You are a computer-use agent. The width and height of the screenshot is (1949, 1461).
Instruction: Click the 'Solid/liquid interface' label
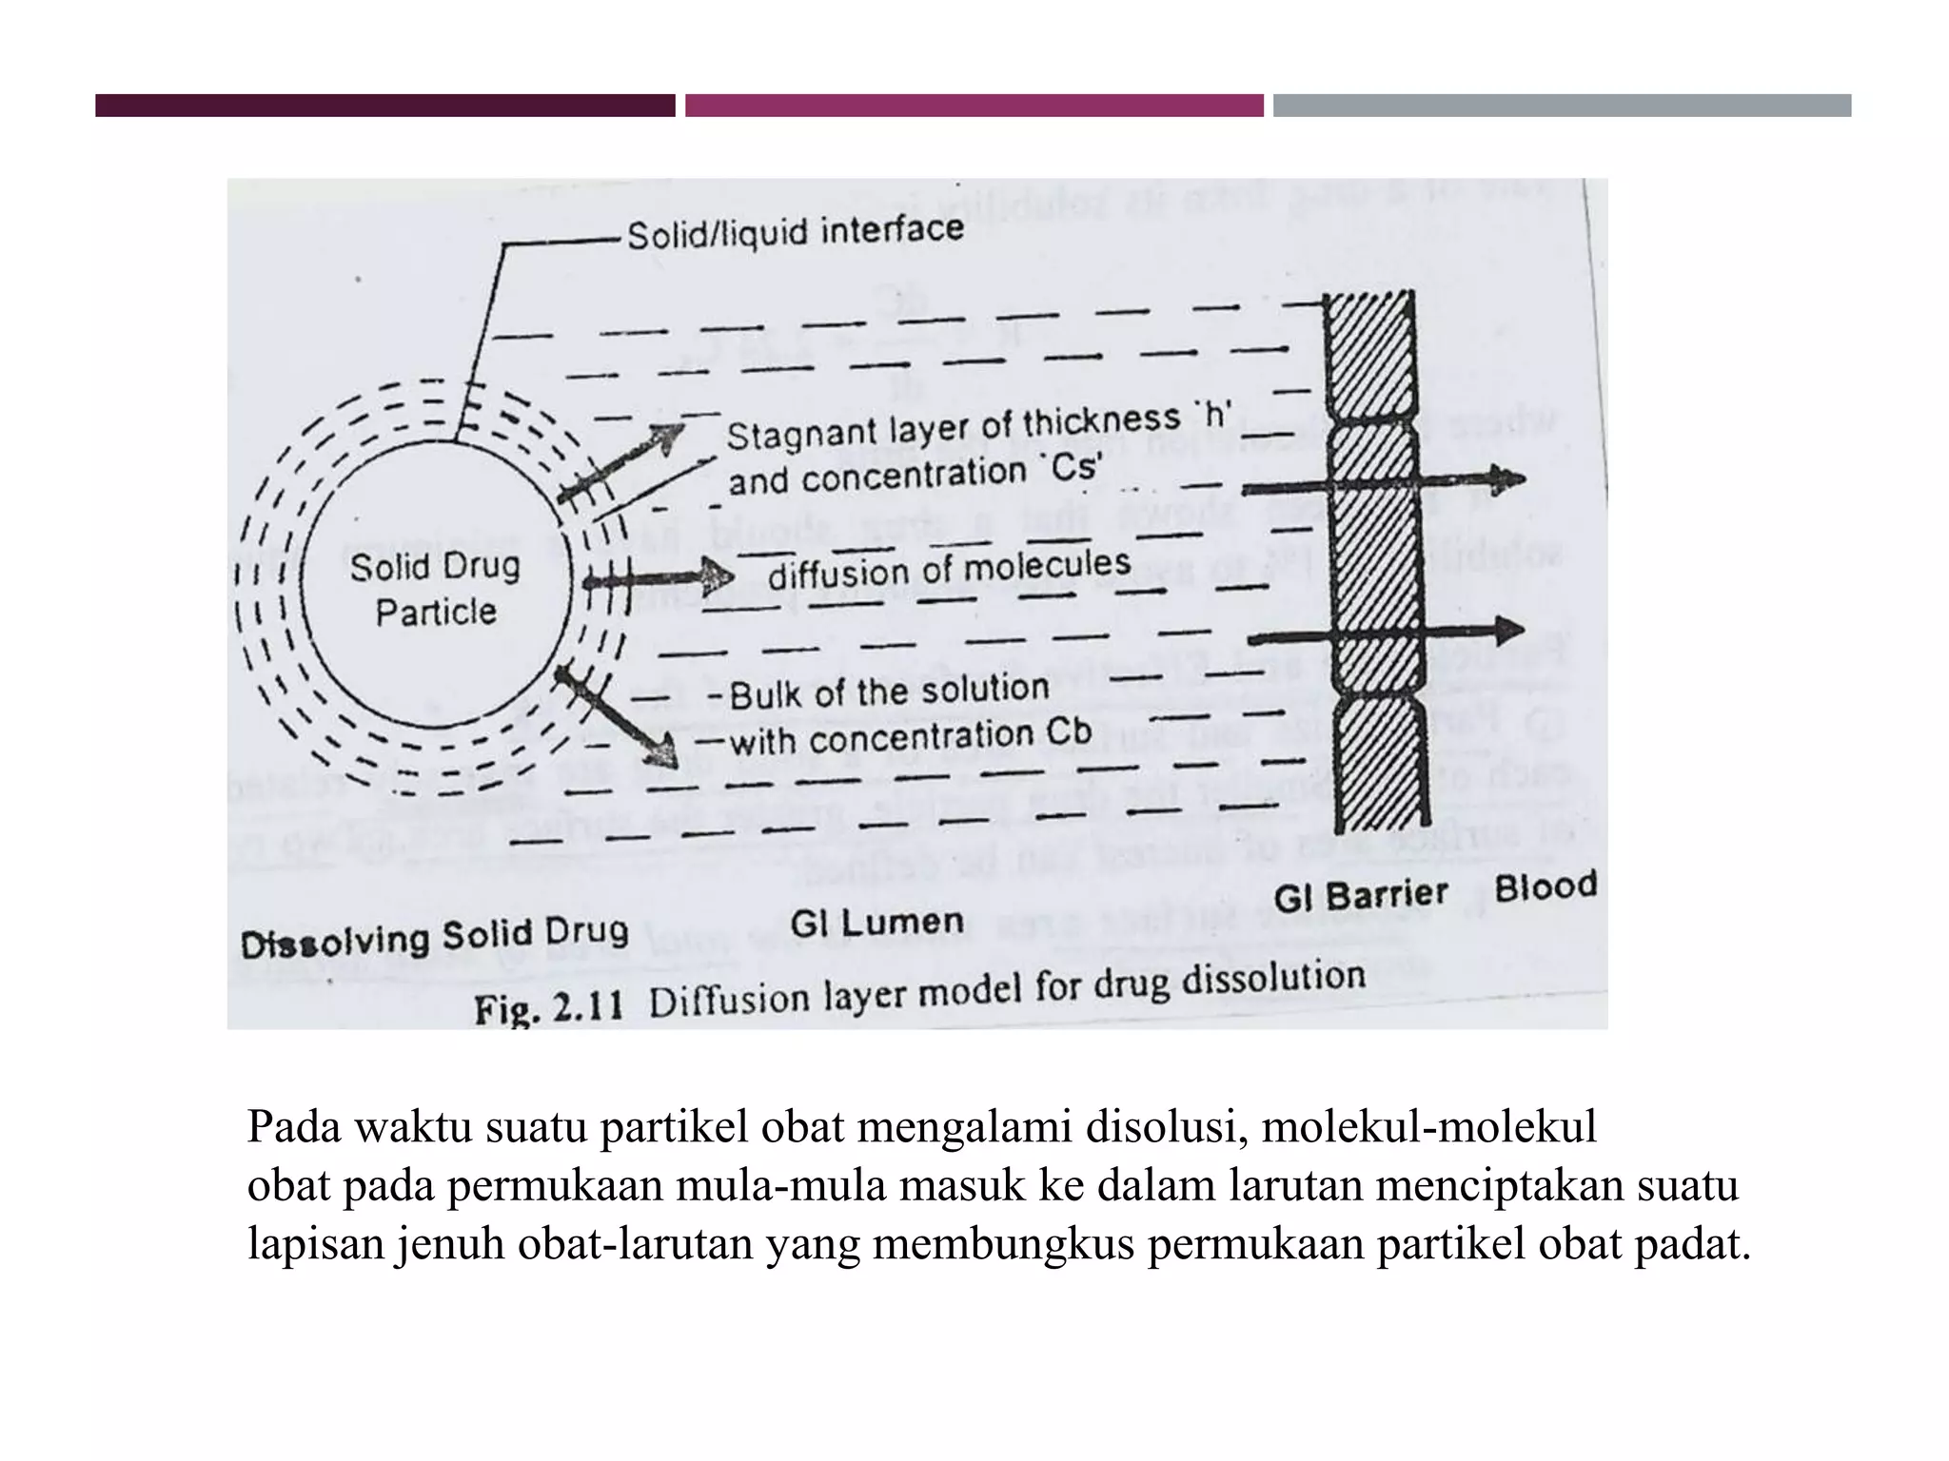(x=795, y=231)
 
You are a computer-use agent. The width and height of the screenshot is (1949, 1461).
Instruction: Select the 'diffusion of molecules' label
(x=949, y=568)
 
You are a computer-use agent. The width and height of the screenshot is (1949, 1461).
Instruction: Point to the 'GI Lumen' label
(x=876, y=922)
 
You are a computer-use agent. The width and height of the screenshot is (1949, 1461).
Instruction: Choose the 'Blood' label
(x=1545, y=886)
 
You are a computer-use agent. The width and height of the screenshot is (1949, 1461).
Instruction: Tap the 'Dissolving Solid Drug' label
(x=435, y=937)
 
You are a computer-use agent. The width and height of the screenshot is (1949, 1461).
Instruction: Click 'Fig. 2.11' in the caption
(x=548, y=1007)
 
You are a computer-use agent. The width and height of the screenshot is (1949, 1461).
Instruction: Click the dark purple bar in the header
(x=384, y=106)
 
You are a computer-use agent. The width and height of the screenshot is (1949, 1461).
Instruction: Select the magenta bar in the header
(x=974, y=106)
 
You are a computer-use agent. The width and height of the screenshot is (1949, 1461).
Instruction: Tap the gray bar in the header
(x=1562, y=106)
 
